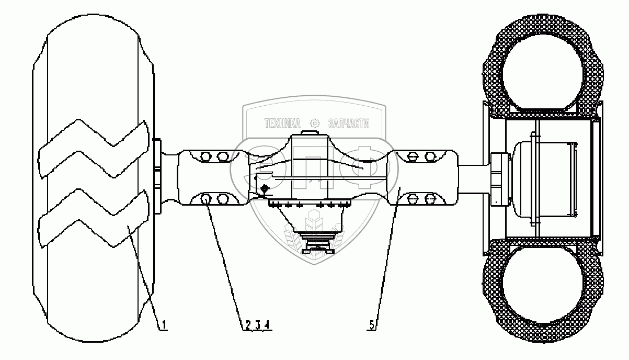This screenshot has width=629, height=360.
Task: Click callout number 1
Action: pyautogui.click(x=164, y=325)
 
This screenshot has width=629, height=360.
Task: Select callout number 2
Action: pyautogui.click(x=248, y=325)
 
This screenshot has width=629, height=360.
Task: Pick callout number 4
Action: pyautogui.click(x=267, y=325)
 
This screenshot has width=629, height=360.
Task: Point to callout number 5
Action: pyautogui.click(x=372, y=325)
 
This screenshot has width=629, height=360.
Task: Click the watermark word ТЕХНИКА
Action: pyautogui.click(x=282, y=123)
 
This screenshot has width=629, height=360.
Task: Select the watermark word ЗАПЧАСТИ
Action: pyautogui.click(x=348, y=123)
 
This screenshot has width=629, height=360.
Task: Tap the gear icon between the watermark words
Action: pyautogui.click(x=315, y=123)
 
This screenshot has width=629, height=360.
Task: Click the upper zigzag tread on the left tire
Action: pyautogui.click(x=94, y=149)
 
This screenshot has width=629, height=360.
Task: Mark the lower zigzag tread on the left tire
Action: pyautogui.click(x=94, y=218)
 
